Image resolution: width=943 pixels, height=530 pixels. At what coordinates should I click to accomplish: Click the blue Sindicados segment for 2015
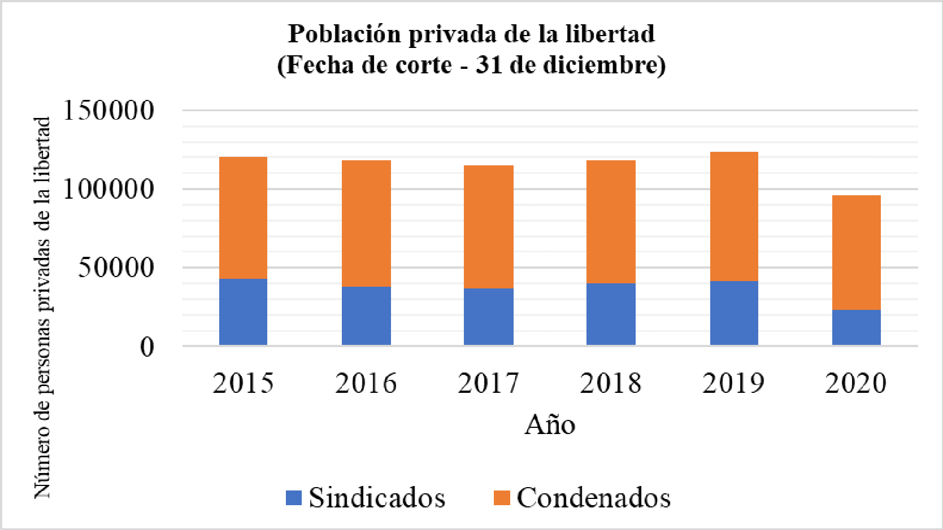coord(243,312)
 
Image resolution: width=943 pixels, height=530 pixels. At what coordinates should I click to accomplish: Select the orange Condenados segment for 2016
coord(366,224)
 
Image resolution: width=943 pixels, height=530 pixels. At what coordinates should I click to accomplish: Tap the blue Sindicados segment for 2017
coord(489,317)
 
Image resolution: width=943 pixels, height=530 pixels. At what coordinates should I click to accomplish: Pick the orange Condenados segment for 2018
coord(611,222)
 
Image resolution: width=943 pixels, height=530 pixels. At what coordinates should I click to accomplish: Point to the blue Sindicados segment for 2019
coord(734,313)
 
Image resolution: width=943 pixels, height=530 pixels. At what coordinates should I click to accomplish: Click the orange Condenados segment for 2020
coord(856,252)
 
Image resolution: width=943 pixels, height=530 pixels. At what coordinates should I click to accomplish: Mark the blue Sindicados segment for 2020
coord(856,327)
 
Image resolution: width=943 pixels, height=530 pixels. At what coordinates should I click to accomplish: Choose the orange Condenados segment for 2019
coord(734,216)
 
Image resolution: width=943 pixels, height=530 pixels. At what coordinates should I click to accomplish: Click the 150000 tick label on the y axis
coord(108,110)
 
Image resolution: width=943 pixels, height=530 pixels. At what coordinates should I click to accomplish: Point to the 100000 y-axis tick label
coord(108,189)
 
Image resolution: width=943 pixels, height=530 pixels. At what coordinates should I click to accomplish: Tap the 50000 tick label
coord(116,268)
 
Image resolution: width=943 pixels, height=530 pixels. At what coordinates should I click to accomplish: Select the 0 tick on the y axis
coord(147,347)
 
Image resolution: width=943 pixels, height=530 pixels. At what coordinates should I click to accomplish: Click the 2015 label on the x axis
coord(243,383)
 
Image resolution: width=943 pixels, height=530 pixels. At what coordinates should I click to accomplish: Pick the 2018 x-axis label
coord(611,383)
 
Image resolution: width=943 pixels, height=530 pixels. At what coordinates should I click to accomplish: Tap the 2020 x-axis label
coord(856,383)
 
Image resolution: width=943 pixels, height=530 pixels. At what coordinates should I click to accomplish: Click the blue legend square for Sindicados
coord(294,498)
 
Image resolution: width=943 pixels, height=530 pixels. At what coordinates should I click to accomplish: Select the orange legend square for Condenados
coord(502,498)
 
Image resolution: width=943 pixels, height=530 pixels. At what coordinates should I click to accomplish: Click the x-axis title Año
coord(550,425)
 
